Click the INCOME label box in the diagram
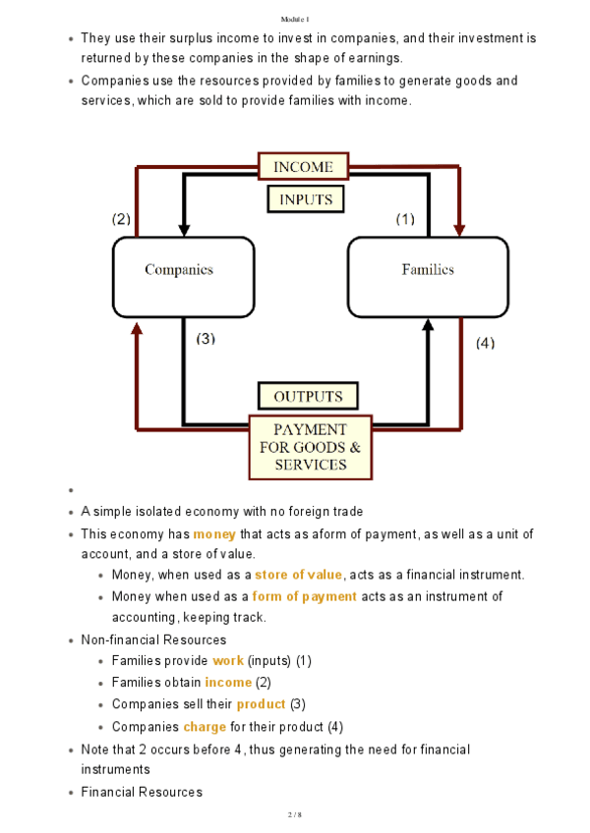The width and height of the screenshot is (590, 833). [303, 167]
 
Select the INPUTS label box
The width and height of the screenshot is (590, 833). [306, 199]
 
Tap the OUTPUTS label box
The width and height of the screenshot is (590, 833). [308, 397]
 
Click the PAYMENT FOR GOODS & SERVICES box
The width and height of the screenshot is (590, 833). [309, 447]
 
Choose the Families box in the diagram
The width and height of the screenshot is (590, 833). [428, 269]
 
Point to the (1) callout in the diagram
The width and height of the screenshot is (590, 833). [405, 219]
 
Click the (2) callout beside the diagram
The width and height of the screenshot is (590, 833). [121, 219]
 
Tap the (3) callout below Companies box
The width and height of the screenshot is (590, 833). [206, 339]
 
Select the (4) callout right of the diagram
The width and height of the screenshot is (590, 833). [485, 343]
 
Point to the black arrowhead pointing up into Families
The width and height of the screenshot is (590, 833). [428, 328]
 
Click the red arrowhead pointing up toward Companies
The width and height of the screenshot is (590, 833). [136, 328]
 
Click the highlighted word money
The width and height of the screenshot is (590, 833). [214, 534]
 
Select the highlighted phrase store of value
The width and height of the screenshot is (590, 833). [298, 575]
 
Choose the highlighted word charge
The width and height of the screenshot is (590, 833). [205, 727]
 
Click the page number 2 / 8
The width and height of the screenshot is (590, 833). [294, 814]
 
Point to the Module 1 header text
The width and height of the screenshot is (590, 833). [294, 19]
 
